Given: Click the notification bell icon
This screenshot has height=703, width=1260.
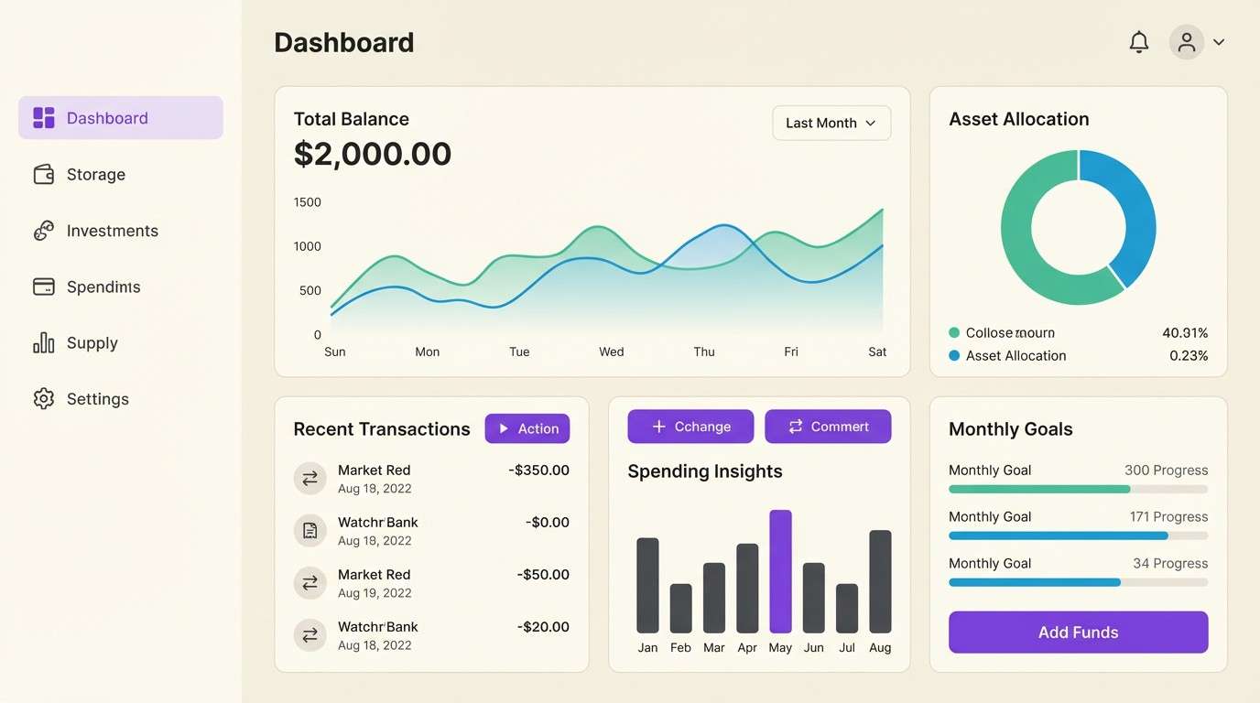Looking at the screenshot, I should point(1138,42).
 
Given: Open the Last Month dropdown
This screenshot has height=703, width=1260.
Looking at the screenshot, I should point(831,123).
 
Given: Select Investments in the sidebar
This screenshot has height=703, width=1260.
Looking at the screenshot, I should point(112,231).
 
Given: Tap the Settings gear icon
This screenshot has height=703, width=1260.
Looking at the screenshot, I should point(43,399).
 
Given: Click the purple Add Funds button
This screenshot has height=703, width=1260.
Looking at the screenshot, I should point(1078,633).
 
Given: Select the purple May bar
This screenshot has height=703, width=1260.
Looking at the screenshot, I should point(780,571).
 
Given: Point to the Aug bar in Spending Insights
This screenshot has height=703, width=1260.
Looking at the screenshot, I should point(880,581).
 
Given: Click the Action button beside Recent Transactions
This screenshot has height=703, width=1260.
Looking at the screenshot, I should point(527,428).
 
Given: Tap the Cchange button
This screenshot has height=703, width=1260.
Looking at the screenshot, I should point(690,427).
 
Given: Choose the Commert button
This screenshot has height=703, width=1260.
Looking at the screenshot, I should point(828,427).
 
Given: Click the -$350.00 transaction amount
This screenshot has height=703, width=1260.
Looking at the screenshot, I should point(538,470).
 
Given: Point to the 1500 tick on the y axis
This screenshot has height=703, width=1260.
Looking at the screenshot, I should point(308,202).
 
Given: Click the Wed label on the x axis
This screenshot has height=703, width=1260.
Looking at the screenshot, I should point(612,351).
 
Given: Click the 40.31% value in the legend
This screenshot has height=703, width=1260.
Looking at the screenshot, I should point(1185,333).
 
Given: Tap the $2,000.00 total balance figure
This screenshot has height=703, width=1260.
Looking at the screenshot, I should point(373,154).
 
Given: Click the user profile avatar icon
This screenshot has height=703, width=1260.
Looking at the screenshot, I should point(1187,42).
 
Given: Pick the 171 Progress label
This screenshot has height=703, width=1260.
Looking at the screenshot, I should point(1168,517).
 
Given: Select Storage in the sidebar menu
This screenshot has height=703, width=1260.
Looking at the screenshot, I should point(95,175).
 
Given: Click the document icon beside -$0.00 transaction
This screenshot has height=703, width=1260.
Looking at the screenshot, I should point(310,530).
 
